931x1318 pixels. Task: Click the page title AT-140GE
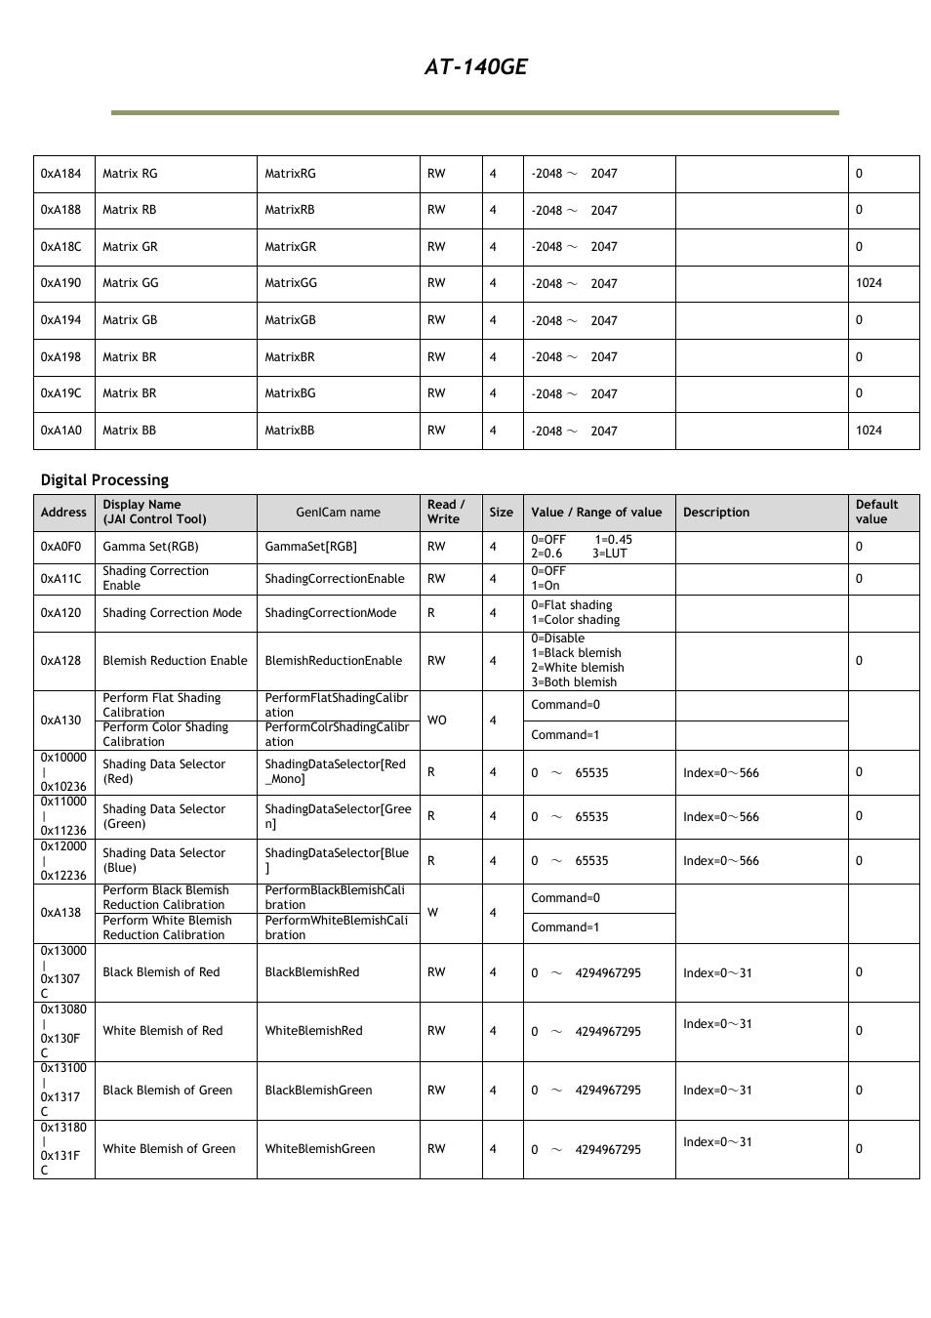point(475,66)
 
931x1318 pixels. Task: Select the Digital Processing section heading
point(104,479)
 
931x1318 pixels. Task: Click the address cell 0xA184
point(61,174)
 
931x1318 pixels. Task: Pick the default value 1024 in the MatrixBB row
point(869,431)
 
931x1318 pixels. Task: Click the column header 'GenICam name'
point(338,513)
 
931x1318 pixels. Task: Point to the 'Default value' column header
point(876,512)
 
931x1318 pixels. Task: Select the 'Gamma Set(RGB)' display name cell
point(150,547)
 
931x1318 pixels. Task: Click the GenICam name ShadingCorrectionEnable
point(334,579)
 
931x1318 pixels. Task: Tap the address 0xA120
point(61,613)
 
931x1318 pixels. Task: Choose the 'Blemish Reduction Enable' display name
point(175,661)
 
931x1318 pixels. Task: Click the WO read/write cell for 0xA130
point(436,721)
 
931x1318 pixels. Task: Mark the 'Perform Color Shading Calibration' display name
point(165,734)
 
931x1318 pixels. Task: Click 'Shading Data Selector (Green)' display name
point(163,816)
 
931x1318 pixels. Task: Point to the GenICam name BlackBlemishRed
point(311,972)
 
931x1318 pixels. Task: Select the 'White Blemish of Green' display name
point(169,1149)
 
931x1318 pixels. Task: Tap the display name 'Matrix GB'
point(130,320)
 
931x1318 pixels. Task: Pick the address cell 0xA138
point(61,913)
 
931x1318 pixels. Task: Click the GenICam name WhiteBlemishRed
point(313,1031)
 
